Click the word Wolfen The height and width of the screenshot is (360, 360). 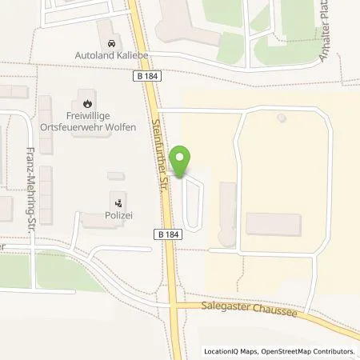click(115, 128)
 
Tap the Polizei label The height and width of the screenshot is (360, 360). click(119, 216)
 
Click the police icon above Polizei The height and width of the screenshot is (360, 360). click(119, 202)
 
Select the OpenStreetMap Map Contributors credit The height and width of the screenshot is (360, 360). click(313, 351)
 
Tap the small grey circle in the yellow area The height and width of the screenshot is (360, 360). click(281, 118)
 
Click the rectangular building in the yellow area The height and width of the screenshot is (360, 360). click(273, 224)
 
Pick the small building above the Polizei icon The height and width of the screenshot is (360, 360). click(116, 176)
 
